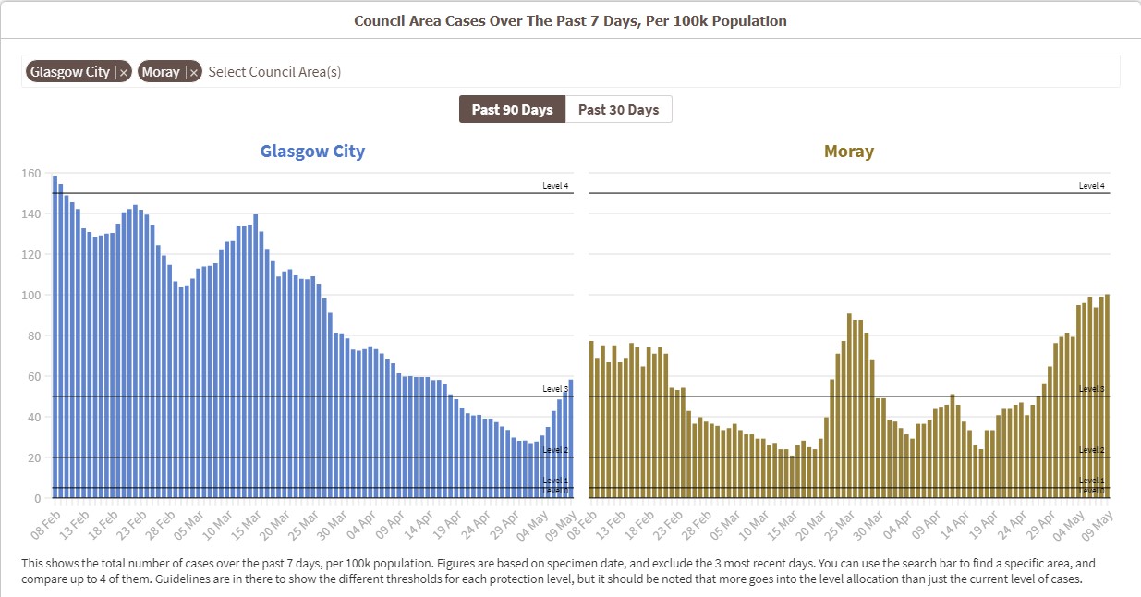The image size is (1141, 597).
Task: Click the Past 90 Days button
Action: [512, 109]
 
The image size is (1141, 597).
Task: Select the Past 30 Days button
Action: [618, 109]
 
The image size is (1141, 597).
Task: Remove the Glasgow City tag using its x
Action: [124, 72]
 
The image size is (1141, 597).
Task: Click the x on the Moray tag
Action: [193, 72]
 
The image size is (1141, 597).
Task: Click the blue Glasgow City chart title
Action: [312, 152]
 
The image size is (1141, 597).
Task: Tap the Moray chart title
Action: [848, 152]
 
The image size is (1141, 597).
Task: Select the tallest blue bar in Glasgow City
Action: [55, 336]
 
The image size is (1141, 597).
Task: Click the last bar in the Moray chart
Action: [1107, 396]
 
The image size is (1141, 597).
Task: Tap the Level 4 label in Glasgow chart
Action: [555, 186]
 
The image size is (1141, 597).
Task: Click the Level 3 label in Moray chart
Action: [1091, 389]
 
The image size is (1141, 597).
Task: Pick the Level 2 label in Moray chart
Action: [1091, 450]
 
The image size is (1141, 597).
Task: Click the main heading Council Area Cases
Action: [570, 20]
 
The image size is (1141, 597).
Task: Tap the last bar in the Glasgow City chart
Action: [571, 439]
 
